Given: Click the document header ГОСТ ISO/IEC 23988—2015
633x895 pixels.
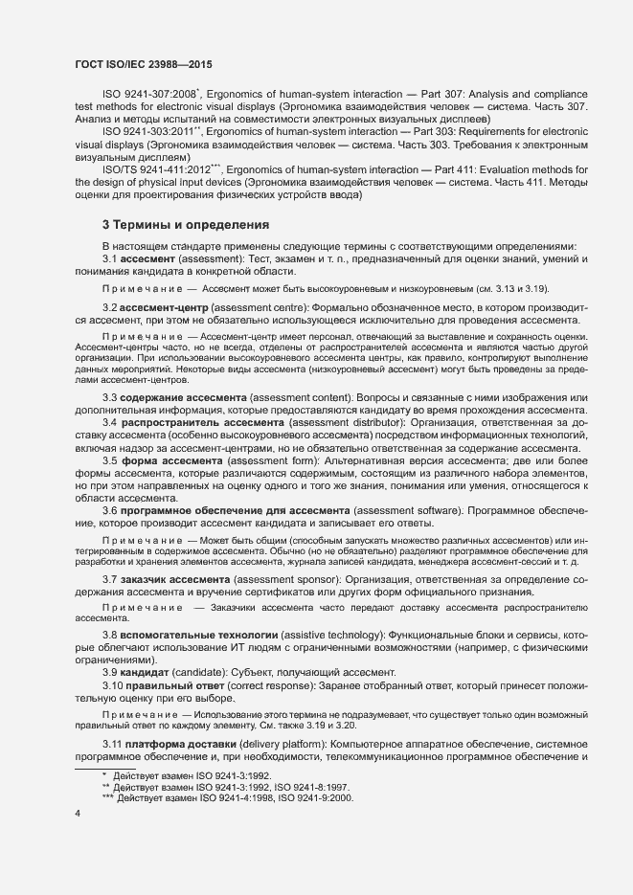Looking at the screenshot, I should [143, 64].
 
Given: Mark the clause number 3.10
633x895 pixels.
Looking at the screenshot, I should [113, 685].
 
